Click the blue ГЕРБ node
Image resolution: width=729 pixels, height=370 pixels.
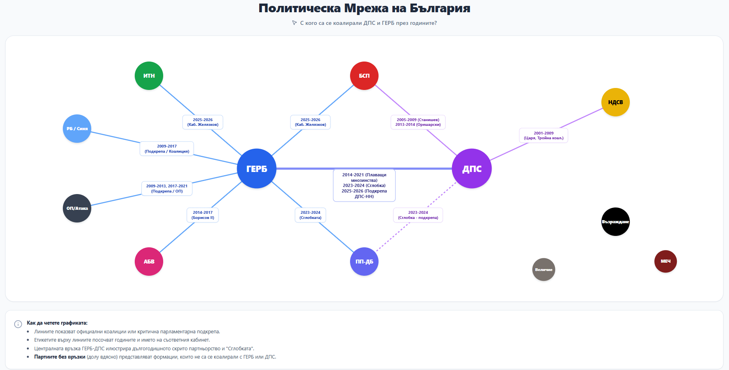[256, 168]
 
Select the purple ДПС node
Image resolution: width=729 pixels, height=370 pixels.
[472, 168]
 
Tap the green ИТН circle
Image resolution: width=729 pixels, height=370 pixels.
[149, 76]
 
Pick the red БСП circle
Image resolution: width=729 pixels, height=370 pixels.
[364, 76]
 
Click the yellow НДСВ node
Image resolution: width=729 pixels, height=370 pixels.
[615, 102]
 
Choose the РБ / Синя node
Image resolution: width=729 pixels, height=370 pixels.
[77, 129]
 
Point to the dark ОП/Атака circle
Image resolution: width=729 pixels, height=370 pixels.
[77, 208]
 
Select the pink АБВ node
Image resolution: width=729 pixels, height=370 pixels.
[149, 262]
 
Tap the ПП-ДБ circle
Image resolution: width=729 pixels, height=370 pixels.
[364, 262]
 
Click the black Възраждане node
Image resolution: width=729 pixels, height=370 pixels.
[615, 222]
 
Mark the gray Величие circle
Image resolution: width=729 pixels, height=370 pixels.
[544, 269]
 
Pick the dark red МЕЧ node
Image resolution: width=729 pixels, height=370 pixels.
[665, 261]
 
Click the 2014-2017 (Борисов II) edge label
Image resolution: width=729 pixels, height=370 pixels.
[203, 215]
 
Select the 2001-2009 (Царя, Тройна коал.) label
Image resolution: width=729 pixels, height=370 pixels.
[543, 136]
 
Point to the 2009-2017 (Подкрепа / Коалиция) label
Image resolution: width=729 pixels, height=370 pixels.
[167, 149]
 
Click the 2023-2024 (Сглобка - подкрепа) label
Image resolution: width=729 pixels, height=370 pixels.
[418, 215]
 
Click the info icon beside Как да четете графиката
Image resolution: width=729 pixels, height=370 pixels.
[18, 324]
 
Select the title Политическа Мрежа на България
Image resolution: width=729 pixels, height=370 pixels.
[364, 8]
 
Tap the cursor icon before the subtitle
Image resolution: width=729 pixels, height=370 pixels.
[294, 23]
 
